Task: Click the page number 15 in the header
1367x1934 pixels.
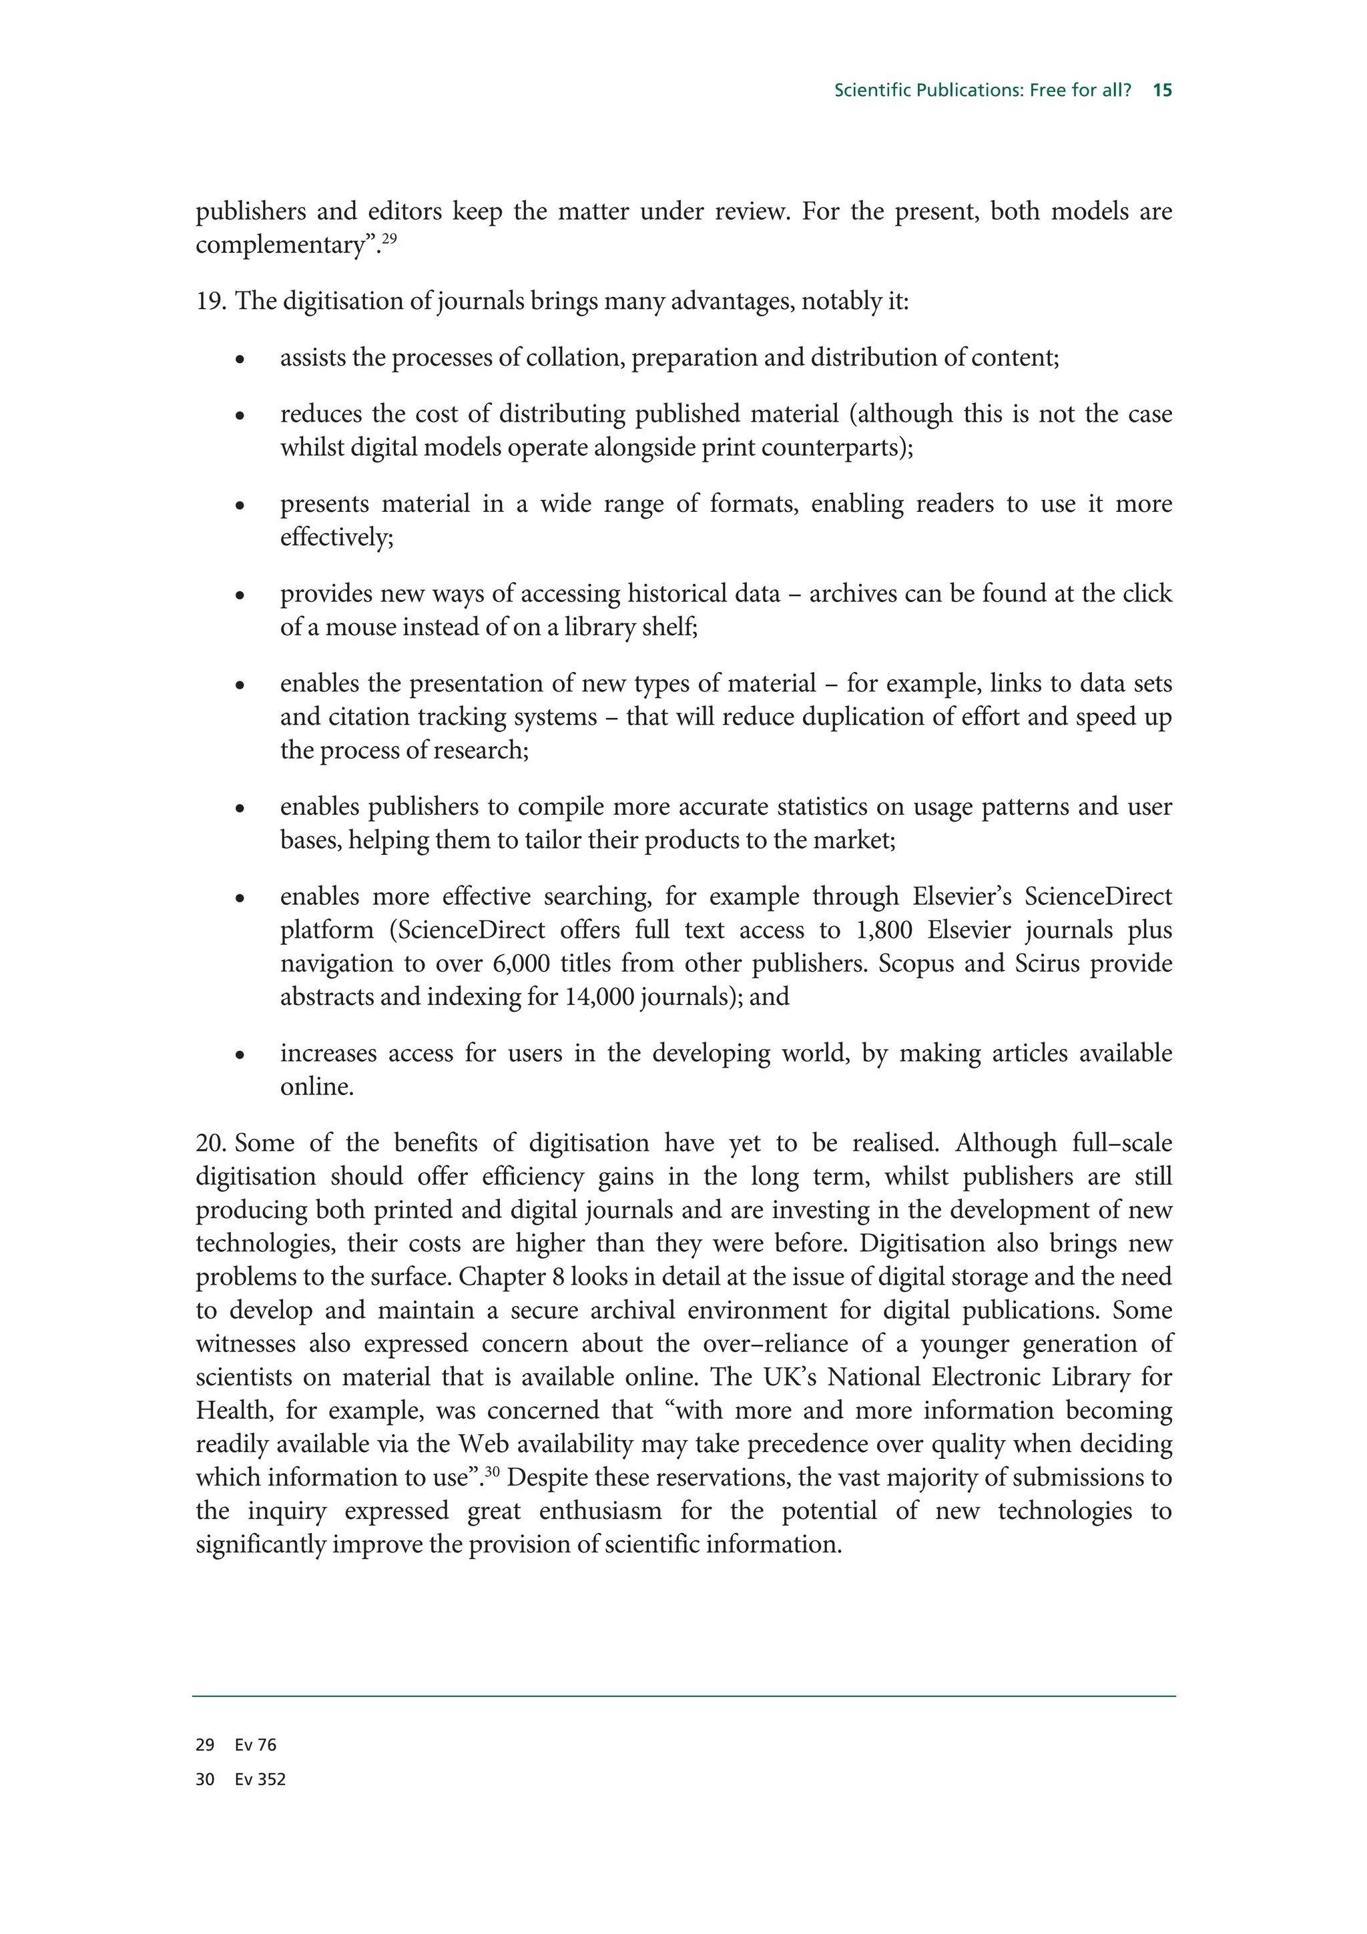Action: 1162,90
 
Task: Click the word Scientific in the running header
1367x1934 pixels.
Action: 869,90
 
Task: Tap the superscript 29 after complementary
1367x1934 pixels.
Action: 388,238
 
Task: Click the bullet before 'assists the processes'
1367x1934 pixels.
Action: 240,360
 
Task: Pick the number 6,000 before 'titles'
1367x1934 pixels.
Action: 528,964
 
